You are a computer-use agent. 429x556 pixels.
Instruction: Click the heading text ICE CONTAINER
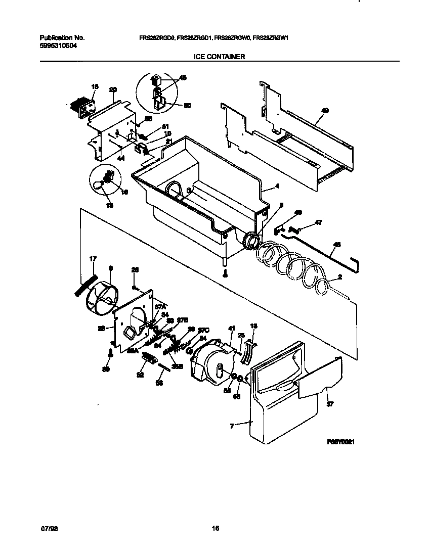(220, 57)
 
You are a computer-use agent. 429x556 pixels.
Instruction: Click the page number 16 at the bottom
(215, 529)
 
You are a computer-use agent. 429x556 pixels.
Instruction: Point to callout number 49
(325, 111)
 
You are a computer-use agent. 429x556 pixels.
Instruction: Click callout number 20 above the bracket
(113, 90)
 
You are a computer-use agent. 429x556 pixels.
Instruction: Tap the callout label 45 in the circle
(183, 77)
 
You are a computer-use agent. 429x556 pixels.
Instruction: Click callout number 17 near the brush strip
(93, 260)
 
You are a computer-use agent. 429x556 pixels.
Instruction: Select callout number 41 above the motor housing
(232, 329)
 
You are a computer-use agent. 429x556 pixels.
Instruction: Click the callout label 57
(330, 404)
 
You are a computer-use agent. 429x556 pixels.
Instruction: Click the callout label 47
(318, 222)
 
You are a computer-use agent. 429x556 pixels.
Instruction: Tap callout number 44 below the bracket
(120, 158)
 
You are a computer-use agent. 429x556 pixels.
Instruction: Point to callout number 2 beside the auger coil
(339, 277)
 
